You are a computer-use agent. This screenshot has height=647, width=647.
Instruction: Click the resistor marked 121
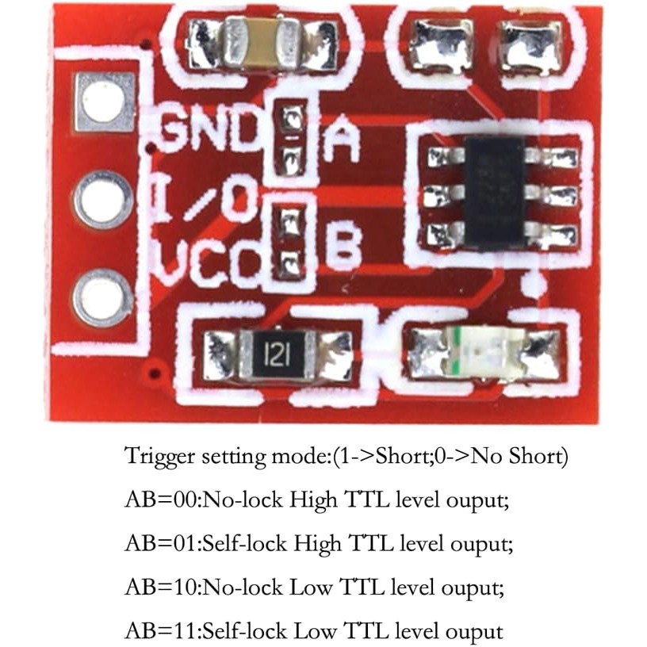click(278, 355)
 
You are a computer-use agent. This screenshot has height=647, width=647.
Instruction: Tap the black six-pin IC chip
click(495, 194)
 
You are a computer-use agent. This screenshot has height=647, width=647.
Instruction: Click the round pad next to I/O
click(104, 200)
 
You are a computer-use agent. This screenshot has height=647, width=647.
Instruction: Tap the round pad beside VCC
click(102, 298)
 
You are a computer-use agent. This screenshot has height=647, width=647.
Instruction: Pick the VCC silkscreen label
click(209, 262)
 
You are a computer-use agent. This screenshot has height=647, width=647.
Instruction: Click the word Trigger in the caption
click(159, 457)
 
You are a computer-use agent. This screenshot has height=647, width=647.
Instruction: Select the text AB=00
click(163, 500)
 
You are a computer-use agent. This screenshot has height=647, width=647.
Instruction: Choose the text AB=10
click(163, 587)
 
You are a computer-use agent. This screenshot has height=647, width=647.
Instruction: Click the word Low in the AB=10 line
click(312, 587)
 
